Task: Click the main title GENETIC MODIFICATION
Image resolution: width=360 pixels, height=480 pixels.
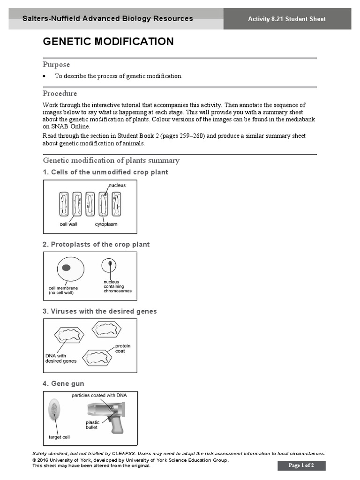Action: click(108, 42)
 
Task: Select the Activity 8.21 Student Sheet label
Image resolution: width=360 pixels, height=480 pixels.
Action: click(287, 19)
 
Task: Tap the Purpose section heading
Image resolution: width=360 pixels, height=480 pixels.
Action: click(56, 64)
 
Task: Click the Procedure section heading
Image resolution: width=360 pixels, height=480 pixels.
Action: click(60, 93)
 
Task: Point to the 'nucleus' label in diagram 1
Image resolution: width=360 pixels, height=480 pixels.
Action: click(117, 185)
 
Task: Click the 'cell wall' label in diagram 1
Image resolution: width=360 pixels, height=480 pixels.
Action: click(68, 224)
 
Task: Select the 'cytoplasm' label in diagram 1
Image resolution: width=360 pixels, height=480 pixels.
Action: click(106, 224)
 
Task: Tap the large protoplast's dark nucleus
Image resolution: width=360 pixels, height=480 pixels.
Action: click(67, 268)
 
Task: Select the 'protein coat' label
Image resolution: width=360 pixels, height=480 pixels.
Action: click(123, 348)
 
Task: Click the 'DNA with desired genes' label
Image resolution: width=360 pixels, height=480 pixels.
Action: click(61, 359)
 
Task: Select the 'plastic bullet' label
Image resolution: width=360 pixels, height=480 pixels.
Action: click(92, 425)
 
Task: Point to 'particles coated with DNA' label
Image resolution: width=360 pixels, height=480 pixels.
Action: click(99, 395)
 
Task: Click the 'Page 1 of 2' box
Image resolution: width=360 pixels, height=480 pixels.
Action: click(301, 465)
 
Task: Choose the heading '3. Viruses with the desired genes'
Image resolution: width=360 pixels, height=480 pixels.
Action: click(100, 311)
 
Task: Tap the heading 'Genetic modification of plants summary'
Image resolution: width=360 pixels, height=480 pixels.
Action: click(111, 160)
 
